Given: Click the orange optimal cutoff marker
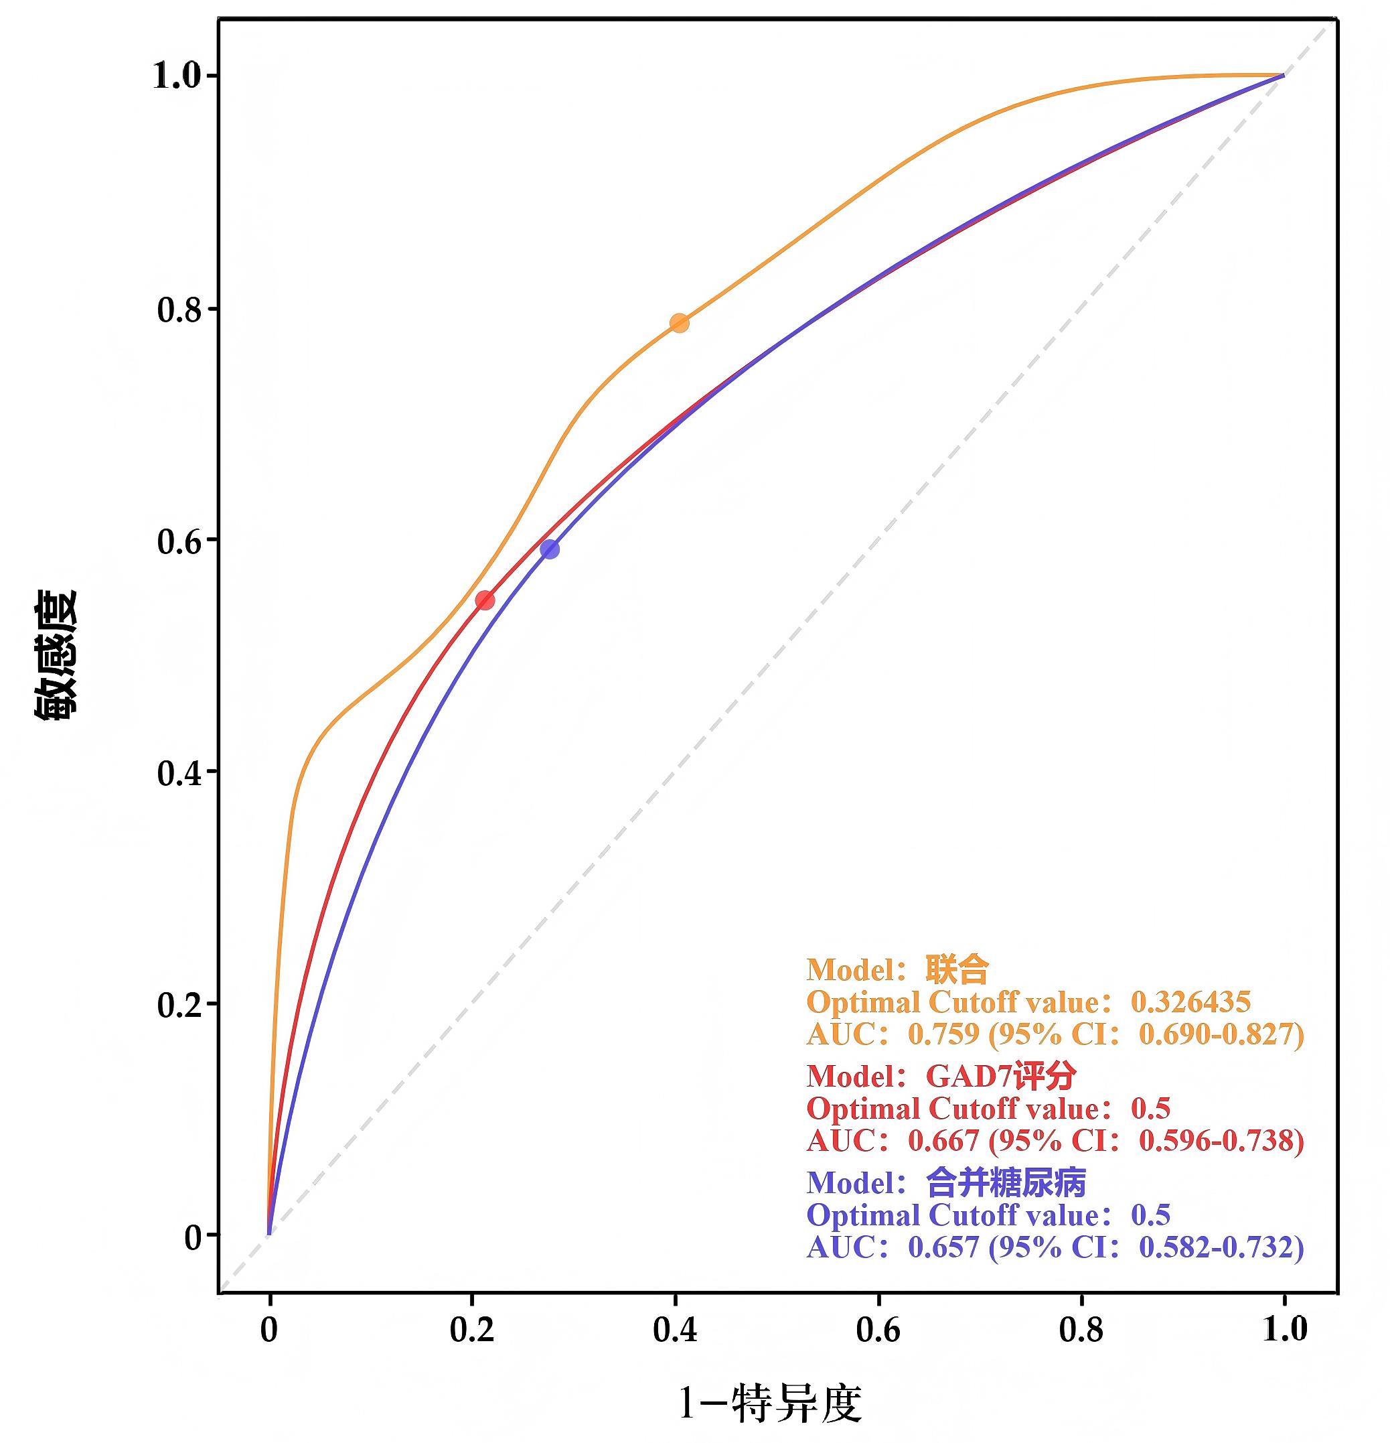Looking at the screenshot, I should [678, 323].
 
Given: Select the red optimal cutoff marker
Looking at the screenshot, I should [485, 600].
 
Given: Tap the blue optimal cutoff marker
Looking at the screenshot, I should [550, 549].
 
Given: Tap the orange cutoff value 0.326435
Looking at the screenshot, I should [1190, 1002].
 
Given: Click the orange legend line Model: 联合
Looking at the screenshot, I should [897, 969].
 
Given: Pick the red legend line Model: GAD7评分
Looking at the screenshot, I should [941, 1077].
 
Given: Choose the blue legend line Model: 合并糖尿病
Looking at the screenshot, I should [945, 1183].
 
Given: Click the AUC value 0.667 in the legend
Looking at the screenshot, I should [943, 1140].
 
